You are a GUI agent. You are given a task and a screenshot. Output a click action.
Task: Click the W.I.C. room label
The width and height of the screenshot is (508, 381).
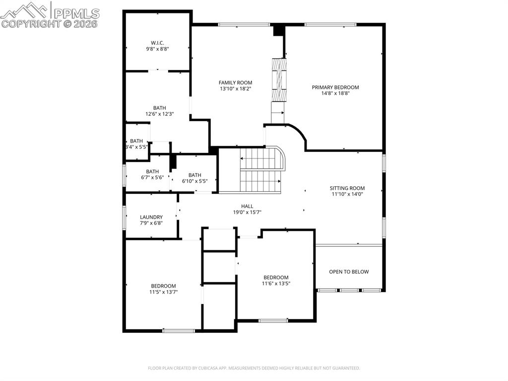157,42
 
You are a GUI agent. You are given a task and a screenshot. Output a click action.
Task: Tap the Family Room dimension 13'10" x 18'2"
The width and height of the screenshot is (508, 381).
236,89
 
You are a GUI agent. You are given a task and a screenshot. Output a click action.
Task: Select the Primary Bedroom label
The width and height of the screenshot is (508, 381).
335,87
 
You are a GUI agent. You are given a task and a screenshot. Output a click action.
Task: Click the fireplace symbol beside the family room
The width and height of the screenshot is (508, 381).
279,80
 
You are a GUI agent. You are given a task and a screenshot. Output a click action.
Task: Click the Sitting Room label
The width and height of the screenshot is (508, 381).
347,188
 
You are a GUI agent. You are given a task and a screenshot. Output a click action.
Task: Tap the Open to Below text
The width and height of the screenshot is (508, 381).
349,272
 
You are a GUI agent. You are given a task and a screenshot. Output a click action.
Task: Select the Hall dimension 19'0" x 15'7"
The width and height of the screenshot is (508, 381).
247,212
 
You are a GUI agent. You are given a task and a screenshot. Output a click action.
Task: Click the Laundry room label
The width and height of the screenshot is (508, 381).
151,217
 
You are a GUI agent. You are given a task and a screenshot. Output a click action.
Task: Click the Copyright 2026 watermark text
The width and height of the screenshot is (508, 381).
50,23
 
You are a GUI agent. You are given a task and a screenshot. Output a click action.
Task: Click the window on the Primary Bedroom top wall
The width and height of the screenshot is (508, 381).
330,24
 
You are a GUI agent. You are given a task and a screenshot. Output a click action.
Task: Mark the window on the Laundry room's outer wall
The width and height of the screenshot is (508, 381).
124,217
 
